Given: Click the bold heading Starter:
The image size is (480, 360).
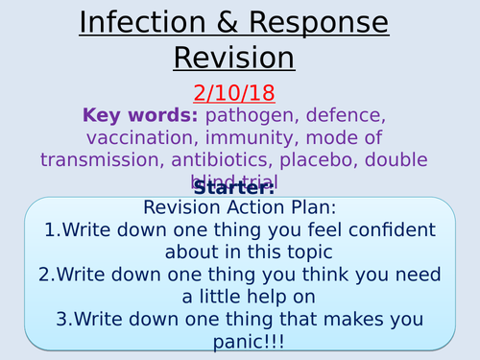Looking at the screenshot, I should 239,188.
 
